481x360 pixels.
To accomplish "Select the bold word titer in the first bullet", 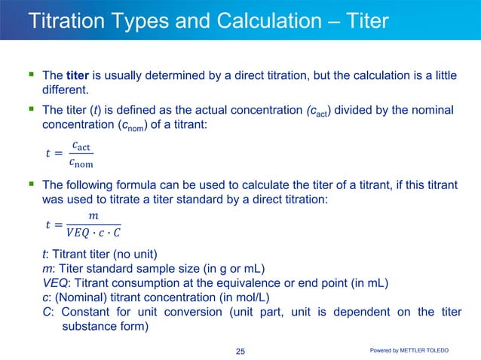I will (78, 76).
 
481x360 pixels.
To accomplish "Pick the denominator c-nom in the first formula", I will (81, 161).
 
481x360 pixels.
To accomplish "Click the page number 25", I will (240, 351).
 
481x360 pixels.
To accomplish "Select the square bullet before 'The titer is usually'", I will (31, 75).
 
